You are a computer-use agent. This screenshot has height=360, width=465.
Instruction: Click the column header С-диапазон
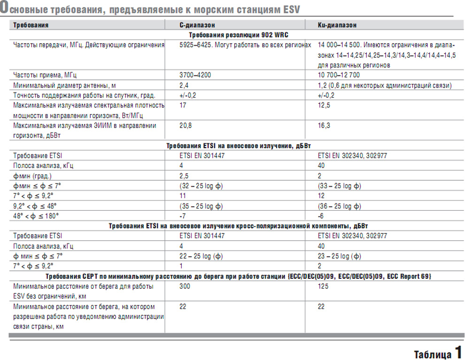tap(197, 25)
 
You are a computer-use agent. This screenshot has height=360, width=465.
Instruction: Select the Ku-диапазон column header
tap(337, 25)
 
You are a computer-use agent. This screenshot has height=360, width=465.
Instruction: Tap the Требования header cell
tap(31, 25)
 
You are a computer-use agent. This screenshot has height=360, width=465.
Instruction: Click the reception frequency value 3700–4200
tap(195, 75)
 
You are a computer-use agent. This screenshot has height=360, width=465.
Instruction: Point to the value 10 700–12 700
tap(339, 75)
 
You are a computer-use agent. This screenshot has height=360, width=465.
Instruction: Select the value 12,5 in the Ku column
tap(324, 106)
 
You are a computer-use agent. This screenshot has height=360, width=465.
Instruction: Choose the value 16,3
tap(324, 126)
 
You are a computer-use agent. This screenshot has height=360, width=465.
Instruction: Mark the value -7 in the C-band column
tap(182, 216)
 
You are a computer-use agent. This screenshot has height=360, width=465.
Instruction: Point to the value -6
tap(321, 216)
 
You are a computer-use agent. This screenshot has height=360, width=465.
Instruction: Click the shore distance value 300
tap(185, 286)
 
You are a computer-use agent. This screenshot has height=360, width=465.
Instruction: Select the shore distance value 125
tap(323, 286)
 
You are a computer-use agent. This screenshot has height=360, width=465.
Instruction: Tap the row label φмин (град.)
tap(32, 176)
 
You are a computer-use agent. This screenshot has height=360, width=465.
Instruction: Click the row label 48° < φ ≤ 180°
tap(36, 216)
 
